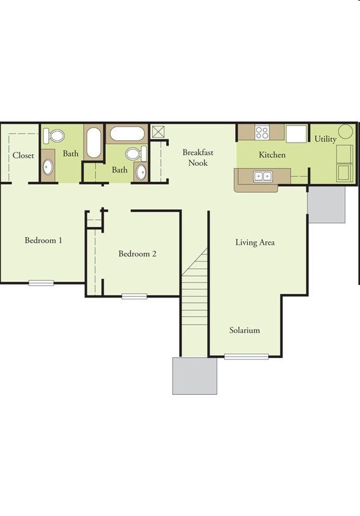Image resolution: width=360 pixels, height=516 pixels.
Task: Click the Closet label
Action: click(x=23, y=155)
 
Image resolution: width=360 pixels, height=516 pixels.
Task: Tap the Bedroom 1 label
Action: click(x=43, y=240)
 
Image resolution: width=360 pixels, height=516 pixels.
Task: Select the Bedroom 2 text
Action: click(x=137, y=254)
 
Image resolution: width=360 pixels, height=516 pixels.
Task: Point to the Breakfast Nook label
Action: click(x=198, y=157)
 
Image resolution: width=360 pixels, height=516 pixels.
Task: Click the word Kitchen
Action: click(x=272, y=155)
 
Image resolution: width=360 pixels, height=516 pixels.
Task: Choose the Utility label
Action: click(x=326, y=139)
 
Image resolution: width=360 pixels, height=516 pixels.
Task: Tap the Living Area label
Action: click(x=255, y=242)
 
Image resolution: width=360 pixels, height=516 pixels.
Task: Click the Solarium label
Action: click(x=244, y=330)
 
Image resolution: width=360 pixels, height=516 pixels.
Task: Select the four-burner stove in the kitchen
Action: click(x=262, y=132)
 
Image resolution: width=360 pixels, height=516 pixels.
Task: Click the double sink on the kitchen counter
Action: click(x=263, y=176)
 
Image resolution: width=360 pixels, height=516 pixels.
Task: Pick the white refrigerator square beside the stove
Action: click(x=296, y=133)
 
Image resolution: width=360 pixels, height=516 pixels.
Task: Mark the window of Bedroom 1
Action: click(x=41, y=283)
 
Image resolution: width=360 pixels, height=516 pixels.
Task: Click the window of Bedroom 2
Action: click(x=134, y=296)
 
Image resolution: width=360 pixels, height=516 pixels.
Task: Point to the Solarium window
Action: click(x=247, y=356)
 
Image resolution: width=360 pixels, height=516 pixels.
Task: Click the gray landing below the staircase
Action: click(x=195, y=376)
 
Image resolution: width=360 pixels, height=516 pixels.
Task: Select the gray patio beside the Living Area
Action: click(x=326, y=204)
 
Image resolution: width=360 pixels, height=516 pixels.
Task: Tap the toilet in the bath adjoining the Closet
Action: click(x=54, y=136)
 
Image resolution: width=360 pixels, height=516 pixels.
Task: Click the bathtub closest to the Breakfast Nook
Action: click(x=127, y=133)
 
